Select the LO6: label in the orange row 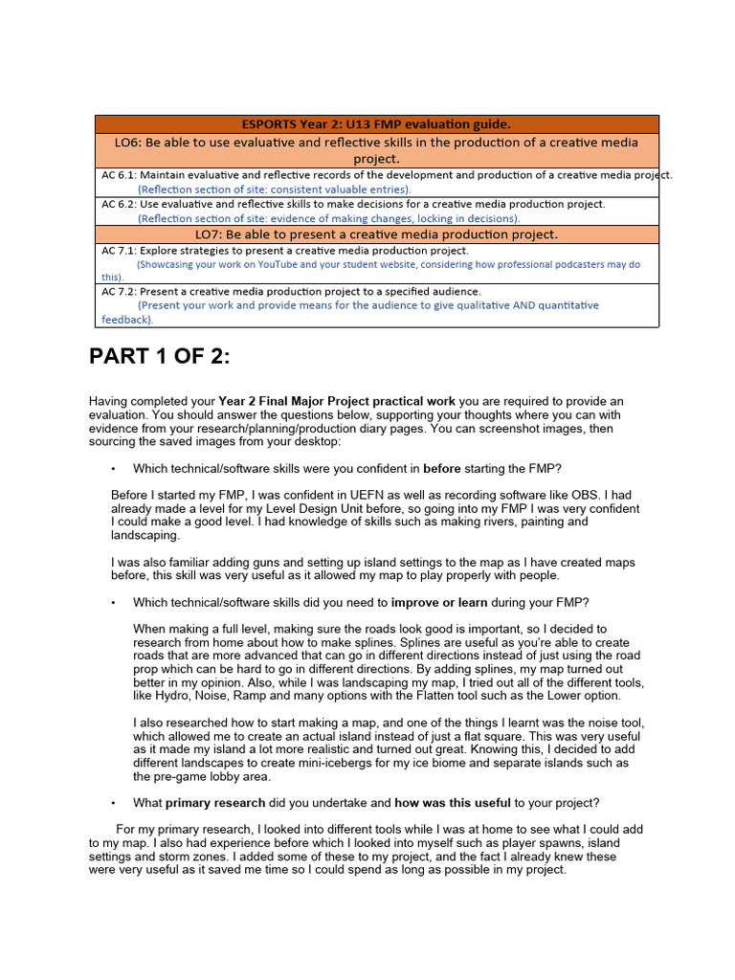pos(132,142)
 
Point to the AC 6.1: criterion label pos(120,175)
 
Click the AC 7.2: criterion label pos(120,291)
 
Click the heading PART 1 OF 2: pos(160,357)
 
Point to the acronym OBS pos(595,496)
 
